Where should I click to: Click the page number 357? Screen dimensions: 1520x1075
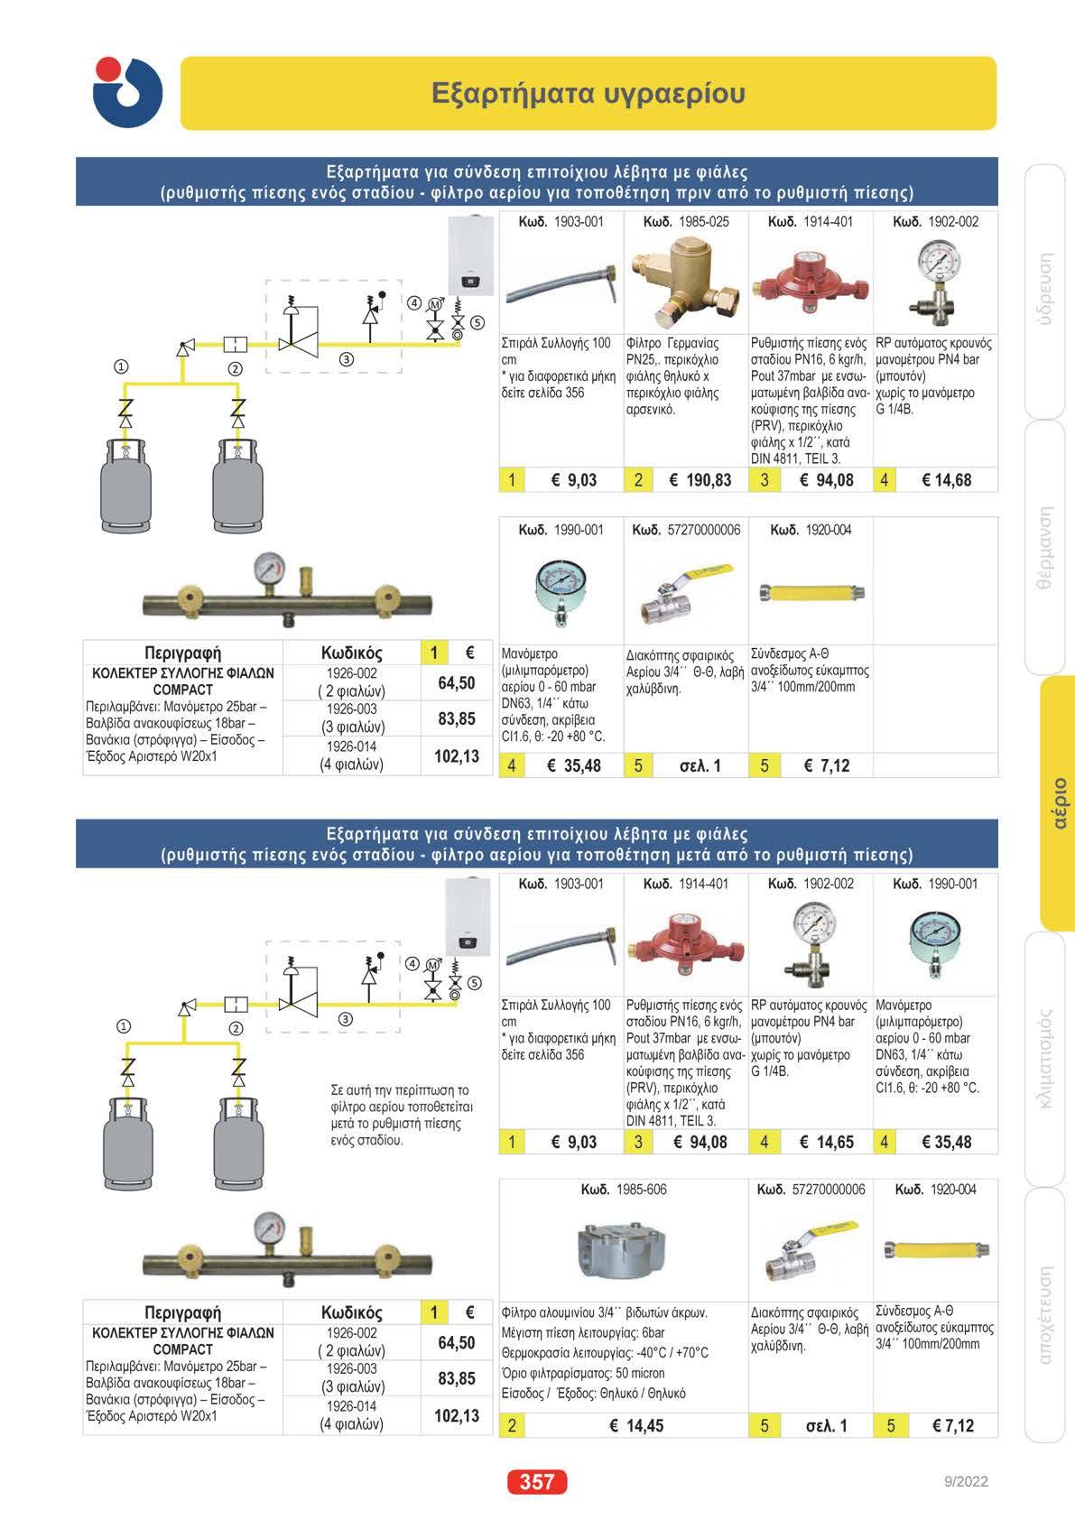(x=537, y=1481)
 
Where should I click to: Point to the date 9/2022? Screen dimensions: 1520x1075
(x=965, y=1481)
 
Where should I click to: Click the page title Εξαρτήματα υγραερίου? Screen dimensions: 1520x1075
(x=588, y=93)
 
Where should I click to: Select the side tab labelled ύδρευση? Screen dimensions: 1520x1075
(x=1046, y=290)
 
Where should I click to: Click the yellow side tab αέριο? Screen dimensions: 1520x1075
(x=1059, y=802)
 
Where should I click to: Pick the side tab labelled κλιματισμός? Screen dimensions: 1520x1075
(x=1046, y=1059)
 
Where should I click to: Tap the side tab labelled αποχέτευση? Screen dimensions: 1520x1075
(x=1046, y=1314)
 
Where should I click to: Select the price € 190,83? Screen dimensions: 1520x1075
(x=700, y=480)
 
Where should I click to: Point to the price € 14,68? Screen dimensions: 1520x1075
(x=946, y=480)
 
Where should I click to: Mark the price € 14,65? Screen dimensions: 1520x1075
(x=826, y=1142)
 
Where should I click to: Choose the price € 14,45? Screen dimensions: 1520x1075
(x=636, y=1425)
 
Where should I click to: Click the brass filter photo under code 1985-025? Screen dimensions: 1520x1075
(x=685, y=281)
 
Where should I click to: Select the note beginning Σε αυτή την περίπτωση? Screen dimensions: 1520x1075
(x=402, y=1115)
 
